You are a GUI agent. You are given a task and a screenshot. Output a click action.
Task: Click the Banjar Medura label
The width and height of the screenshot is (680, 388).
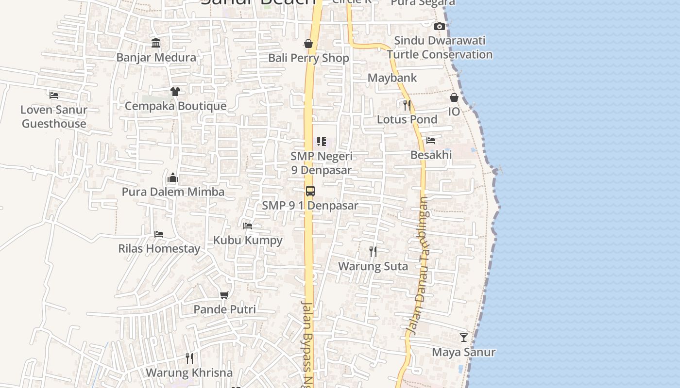click(156, 57)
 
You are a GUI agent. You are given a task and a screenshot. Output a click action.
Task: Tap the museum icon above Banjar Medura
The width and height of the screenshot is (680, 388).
click(156, 43)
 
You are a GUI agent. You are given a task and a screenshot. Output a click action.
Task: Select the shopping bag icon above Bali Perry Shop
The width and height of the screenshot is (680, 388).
click(308, 44)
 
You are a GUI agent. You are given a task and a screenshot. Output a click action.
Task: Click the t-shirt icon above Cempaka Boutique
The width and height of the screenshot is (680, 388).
click(175, 92)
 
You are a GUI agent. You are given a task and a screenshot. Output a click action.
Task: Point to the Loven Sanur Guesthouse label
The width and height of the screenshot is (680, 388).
click(54, 116)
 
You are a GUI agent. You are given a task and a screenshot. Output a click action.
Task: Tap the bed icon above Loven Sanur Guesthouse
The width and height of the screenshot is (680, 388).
click(54, 95)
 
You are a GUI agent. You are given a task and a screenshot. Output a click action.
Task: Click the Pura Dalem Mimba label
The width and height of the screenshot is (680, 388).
click(173, 192)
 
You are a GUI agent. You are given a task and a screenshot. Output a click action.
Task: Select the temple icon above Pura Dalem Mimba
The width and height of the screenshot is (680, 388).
click(173, 178)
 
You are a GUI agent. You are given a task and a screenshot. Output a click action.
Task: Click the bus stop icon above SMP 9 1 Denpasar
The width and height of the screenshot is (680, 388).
click(310, 191)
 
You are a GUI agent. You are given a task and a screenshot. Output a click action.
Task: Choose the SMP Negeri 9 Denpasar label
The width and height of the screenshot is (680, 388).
click(321, 163)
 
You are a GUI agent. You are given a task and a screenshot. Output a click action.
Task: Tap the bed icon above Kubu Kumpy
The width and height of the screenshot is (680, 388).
click(248, 226)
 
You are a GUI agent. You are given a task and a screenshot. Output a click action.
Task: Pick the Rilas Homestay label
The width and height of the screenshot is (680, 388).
click(159, 249)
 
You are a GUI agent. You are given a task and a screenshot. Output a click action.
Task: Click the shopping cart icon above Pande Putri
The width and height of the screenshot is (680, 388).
click(224, 295)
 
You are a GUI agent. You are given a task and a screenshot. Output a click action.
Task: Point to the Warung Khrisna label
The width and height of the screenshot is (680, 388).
click(189, 372)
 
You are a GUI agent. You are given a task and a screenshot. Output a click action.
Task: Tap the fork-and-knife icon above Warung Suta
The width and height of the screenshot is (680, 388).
click(373, 252)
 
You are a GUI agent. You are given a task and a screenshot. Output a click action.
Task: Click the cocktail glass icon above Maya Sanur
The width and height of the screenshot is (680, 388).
click(464, 338)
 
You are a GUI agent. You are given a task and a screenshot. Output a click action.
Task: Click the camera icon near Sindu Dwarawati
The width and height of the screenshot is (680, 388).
click(440, 26)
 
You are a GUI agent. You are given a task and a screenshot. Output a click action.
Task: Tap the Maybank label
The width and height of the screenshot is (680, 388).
click(392, 78)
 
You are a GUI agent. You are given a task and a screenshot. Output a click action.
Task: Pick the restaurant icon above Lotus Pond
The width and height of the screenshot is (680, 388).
click(407, 105)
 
